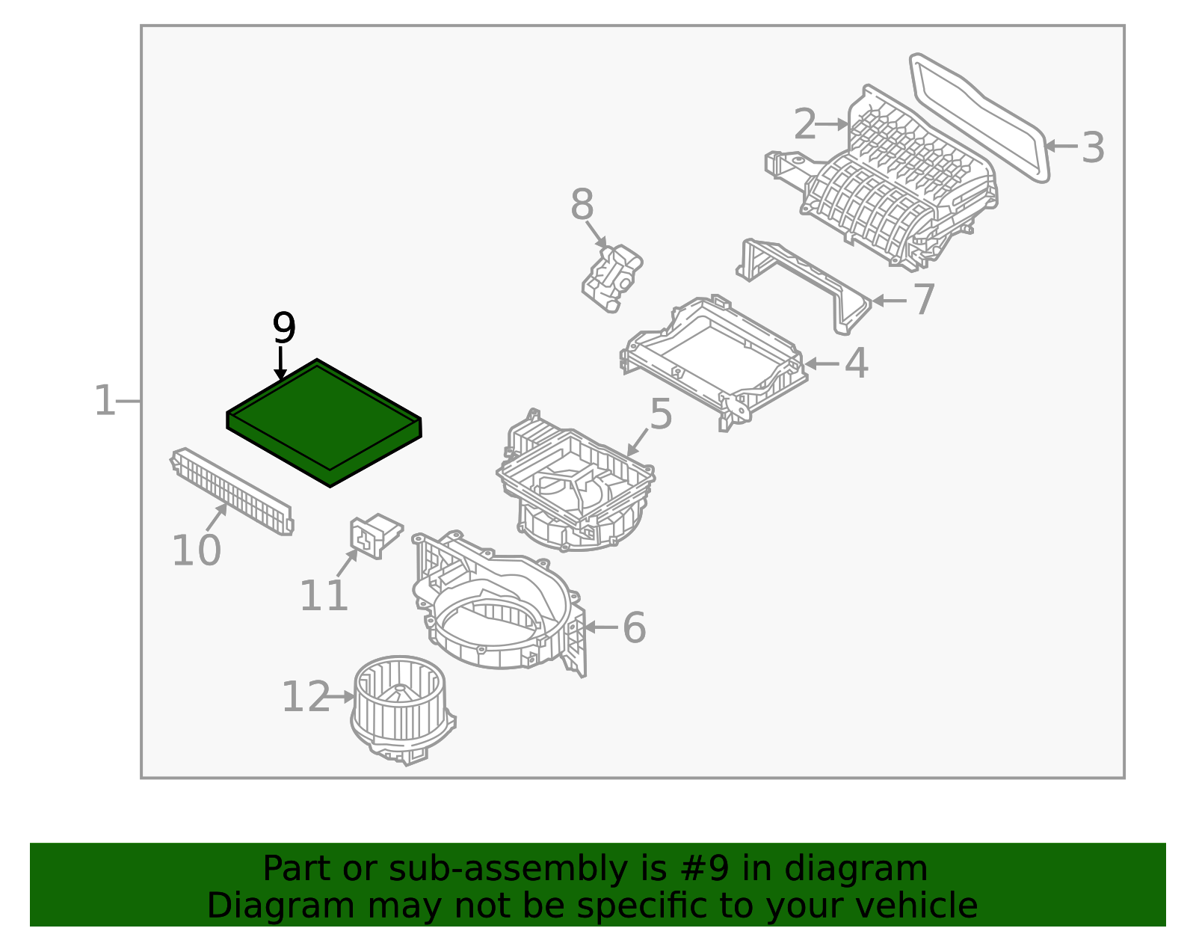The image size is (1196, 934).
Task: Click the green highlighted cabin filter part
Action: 323,423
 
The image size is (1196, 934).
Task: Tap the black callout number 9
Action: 284,328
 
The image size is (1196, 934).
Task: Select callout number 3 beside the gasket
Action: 1092,148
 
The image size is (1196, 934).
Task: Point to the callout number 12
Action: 305,697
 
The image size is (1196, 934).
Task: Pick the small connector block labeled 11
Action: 374,534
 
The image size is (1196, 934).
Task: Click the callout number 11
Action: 324,596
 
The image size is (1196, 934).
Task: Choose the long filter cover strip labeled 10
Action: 232,490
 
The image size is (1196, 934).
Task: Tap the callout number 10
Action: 196,550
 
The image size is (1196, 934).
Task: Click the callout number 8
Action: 582,205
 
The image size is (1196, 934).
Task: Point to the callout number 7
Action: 924,300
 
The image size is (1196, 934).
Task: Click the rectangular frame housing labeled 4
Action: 714,359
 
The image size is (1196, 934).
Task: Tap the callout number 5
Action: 660,414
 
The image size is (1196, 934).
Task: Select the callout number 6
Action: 634,627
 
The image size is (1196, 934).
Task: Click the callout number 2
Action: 804,124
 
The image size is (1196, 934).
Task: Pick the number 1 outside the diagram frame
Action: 104,401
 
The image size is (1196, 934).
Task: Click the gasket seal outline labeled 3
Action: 980,115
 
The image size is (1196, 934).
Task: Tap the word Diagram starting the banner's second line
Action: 259,906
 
